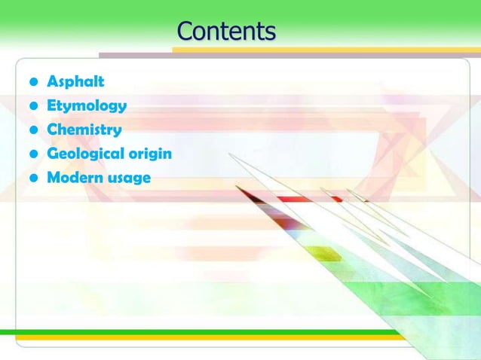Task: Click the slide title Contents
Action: pyautogui.click(x=226, y=32)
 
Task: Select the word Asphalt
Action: pyautogui.click(x=75, y=81)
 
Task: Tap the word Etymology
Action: pyautogui.click(x=87, y=105)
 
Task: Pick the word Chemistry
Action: pyautogui.click(x=84, y=130)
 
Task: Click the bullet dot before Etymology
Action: pyautogui.click(x=33, y=106)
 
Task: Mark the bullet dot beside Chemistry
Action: pyautogui.click(x=33, y=130)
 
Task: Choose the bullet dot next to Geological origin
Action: pyautogui.click(x=33, y=154)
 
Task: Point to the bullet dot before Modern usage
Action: pyautogui.click(x=33, y=178)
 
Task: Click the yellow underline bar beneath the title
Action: pyautogui.click(x=324, y=50)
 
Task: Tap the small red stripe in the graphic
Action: pyautogui.click(x=302, y=200)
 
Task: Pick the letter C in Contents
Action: pyautogui.click(x=185, y=32)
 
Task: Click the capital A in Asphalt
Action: pyautogui.click(x=53, y=81)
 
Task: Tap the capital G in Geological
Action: pyautogui.click(x=54, y=154)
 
